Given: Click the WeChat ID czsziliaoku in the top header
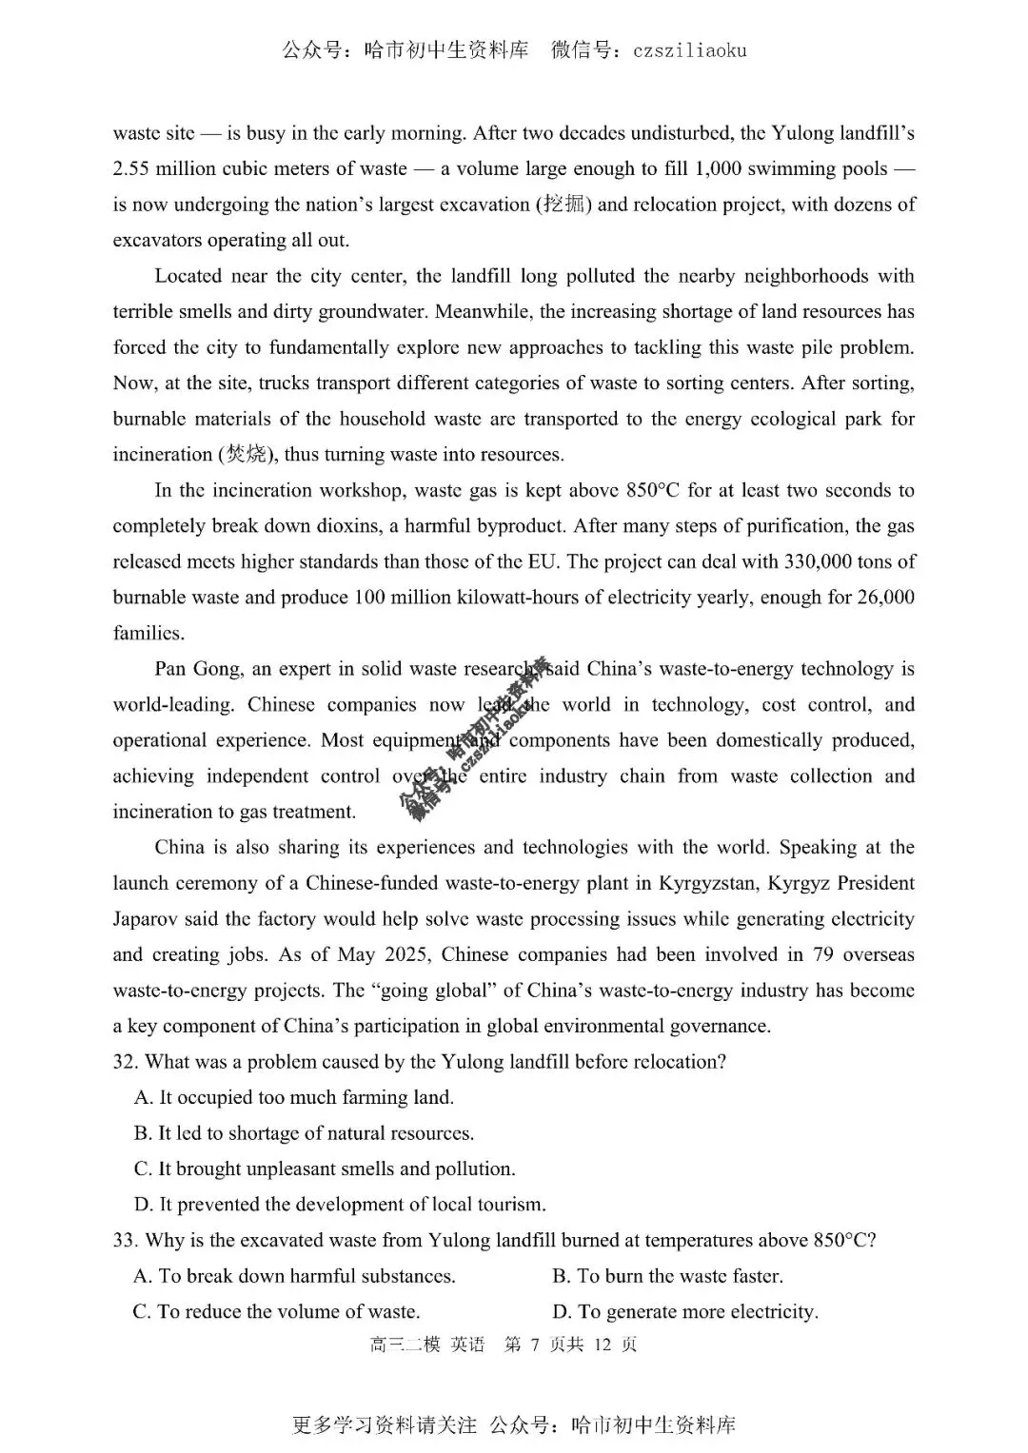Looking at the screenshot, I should pyautogui.click(x=689, y=51).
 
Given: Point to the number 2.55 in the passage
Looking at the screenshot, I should pyautogui.click(x=131, y=169).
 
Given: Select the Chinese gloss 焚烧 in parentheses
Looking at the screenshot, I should pyautogui.click(x=246, y=455).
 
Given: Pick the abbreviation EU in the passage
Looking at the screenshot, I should pyautogui.click(x=542, y=561).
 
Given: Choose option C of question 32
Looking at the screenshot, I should pyautogui.click(x=324, y=1168).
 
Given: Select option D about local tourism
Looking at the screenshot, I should pyautogui.click(x=340, y=1205).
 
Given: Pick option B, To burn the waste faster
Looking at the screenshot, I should pyautogui.click(x=666, y=1276).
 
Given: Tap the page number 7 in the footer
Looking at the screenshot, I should pyautogui.click(x=535, y=1345).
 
